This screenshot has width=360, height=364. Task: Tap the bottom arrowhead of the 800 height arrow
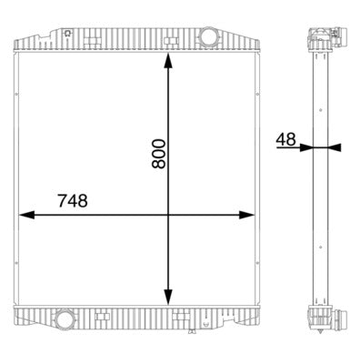pyautogui.click(x=167, y=298)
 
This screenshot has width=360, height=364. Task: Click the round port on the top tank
pyautogui.click(x=208, y=38)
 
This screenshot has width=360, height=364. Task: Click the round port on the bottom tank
pyautogui.click(x=65, y=319)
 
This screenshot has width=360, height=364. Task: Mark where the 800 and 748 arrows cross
pyautogui.click(x=167, y=216)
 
